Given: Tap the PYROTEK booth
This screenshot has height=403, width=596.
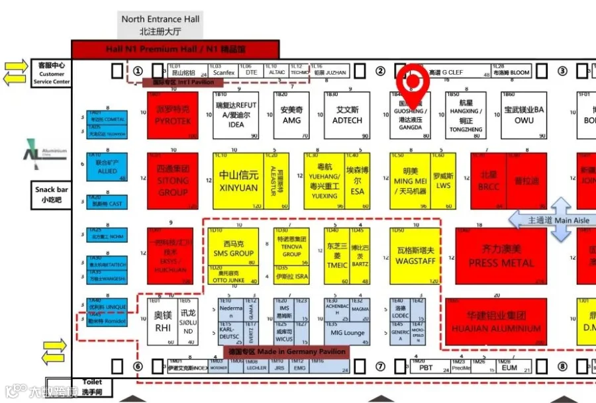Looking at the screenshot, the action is [x=173, y=115].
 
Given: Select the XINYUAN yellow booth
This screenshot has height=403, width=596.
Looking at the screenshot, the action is [x=238, y=181].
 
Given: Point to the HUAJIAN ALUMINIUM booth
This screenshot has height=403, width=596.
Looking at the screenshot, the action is [x=496, y=322].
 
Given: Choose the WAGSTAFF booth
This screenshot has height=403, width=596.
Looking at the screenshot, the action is [x=415, y=255].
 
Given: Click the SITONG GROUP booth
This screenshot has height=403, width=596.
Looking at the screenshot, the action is [x=173, y=180].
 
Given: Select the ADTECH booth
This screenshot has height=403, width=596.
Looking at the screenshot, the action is [x=347, y=115].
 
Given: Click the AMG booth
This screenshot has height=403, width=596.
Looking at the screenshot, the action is [x=291, y=115].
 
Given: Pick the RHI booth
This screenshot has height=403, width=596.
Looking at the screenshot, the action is [x=162, y=321].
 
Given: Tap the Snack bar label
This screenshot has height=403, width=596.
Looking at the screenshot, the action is [x=51, y=194].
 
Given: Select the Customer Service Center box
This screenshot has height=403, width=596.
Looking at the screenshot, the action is [x=51, y=73].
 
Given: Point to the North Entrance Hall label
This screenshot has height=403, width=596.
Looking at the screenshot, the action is [x=160, y=25].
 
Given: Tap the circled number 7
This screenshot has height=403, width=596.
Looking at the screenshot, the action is [x=380, y=367].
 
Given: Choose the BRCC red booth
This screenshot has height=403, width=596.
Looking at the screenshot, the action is [x=489, y=181].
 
